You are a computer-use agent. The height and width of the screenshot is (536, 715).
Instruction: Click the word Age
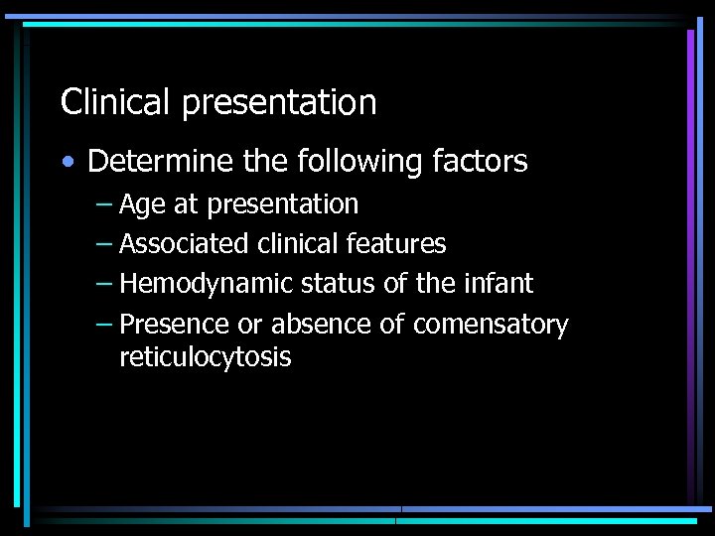[x=142, y=205]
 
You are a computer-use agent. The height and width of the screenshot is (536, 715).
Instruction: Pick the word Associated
[x=185, y=243]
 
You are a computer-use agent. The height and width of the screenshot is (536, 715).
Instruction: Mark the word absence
[x=322, y=325]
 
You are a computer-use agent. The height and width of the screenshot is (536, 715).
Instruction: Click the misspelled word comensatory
[x=491, y=326]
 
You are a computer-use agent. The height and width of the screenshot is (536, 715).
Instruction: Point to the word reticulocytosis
[x=206, y=357]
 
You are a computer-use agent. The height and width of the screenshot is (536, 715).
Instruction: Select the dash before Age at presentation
[x=105, y=205]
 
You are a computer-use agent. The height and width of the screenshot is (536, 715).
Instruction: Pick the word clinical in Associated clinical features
[x=300, y=243]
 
